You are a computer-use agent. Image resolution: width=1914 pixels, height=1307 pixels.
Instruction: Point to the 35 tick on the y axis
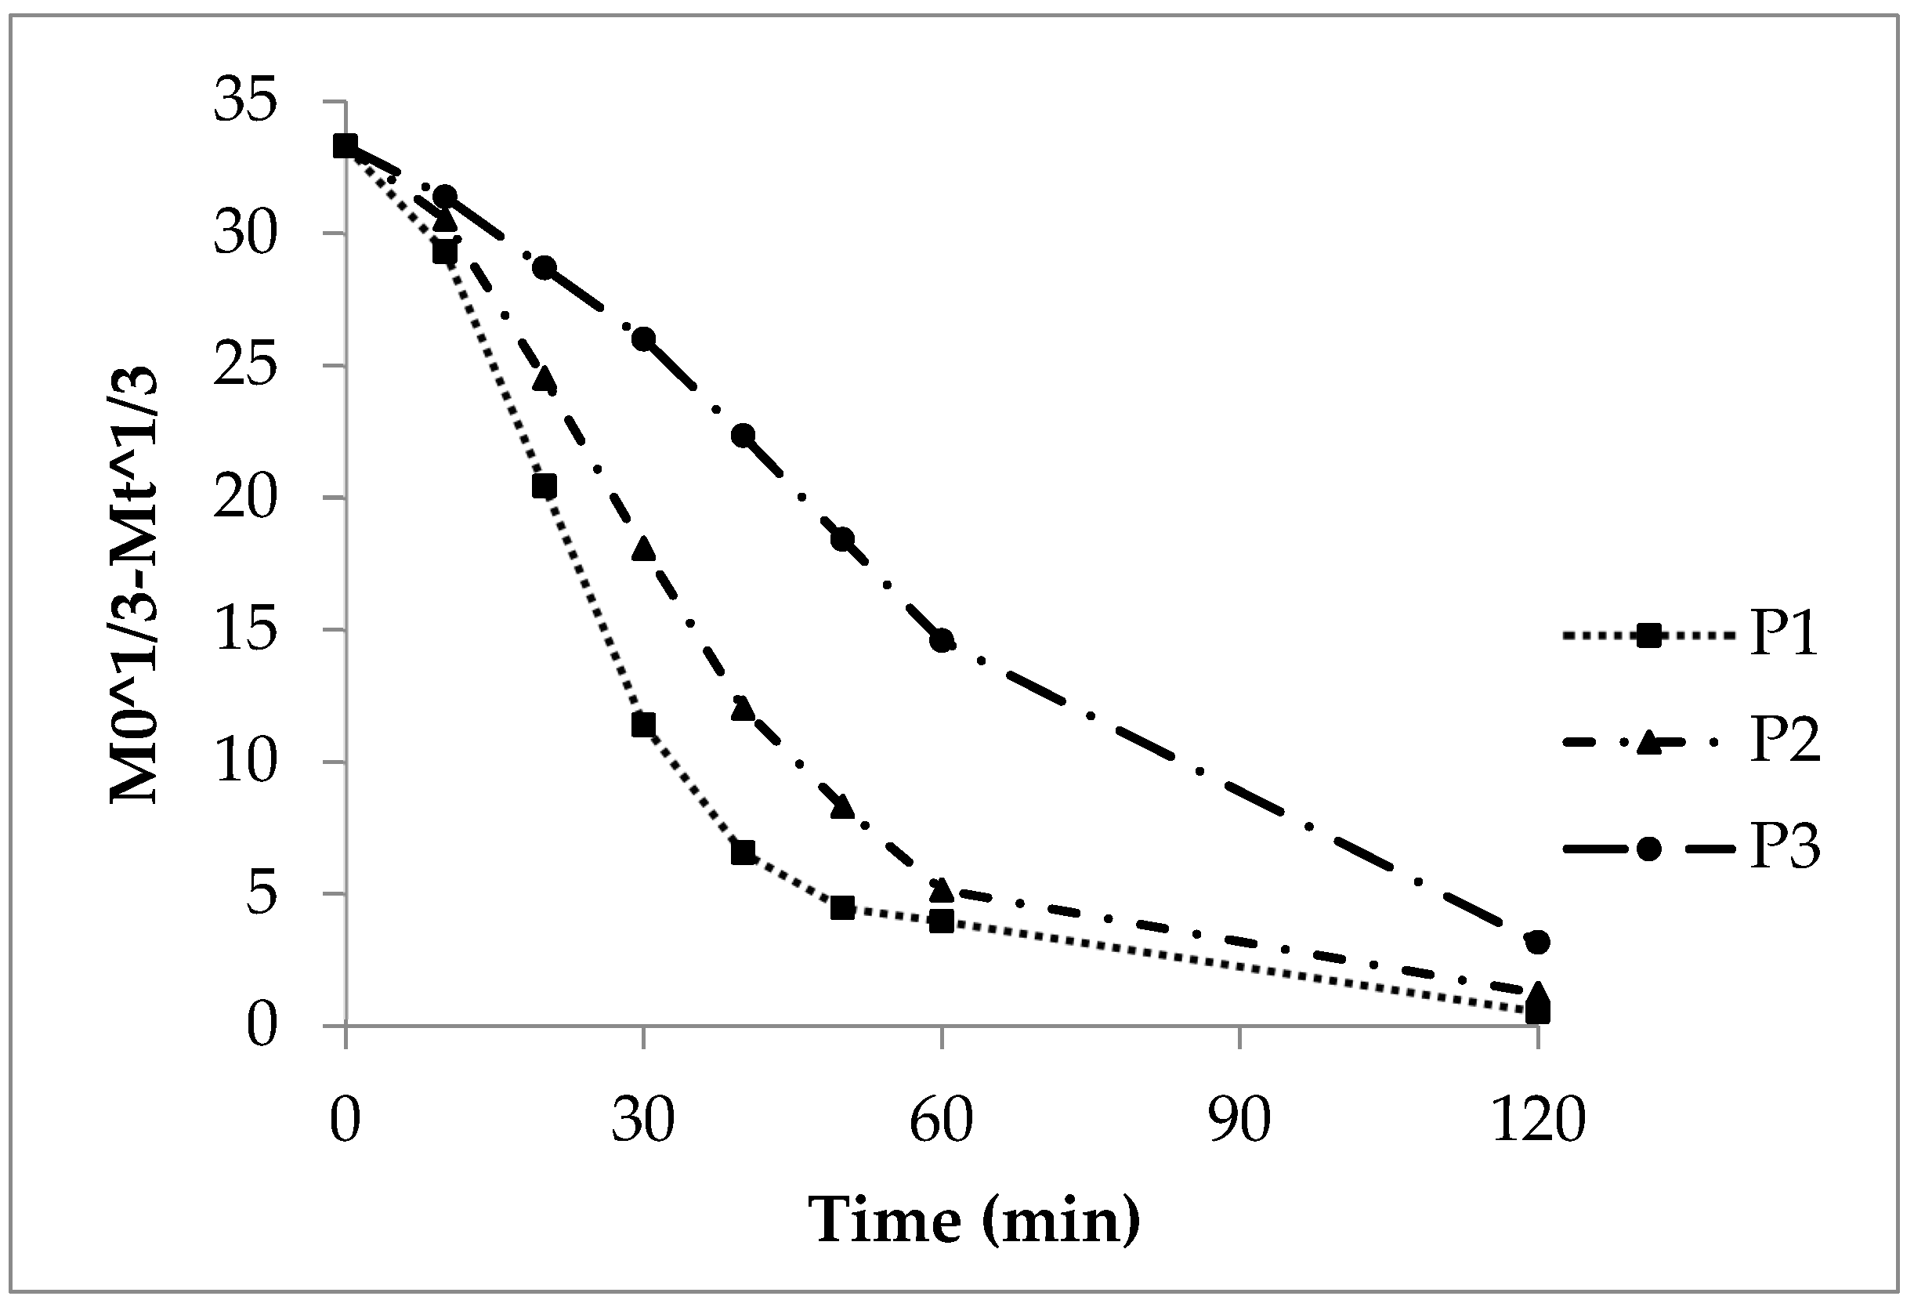coord(244,103)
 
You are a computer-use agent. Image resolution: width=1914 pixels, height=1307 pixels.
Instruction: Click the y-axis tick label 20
coord(244,498)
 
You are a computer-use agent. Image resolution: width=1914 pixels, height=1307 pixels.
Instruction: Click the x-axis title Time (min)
coord(977,1220)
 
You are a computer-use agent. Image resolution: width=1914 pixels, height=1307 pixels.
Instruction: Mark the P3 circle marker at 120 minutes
coord(1538,941)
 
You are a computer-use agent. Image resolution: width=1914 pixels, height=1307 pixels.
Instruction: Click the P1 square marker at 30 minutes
coord(643,725)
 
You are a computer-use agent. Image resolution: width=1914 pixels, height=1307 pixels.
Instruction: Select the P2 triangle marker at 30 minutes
coord(643,549)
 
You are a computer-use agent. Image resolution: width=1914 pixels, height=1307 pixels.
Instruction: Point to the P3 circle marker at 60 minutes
coord(942,641)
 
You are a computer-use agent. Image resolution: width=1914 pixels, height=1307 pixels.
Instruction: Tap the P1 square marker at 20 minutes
coord(545,486)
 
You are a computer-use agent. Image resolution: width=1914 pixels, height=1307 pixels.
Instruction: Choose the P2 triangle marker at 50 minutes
coord(841,807)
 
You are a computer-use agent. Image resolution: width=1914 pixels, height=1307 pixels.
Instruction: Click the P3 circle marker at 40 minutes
coord(743,435)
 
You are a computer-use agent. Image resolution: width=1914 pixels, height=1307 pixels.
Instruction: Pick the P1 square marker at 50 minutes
coord(841,907)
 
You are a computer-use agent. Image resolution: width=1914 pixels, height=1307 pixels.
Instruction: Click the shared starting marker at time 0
coord(345,146)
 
